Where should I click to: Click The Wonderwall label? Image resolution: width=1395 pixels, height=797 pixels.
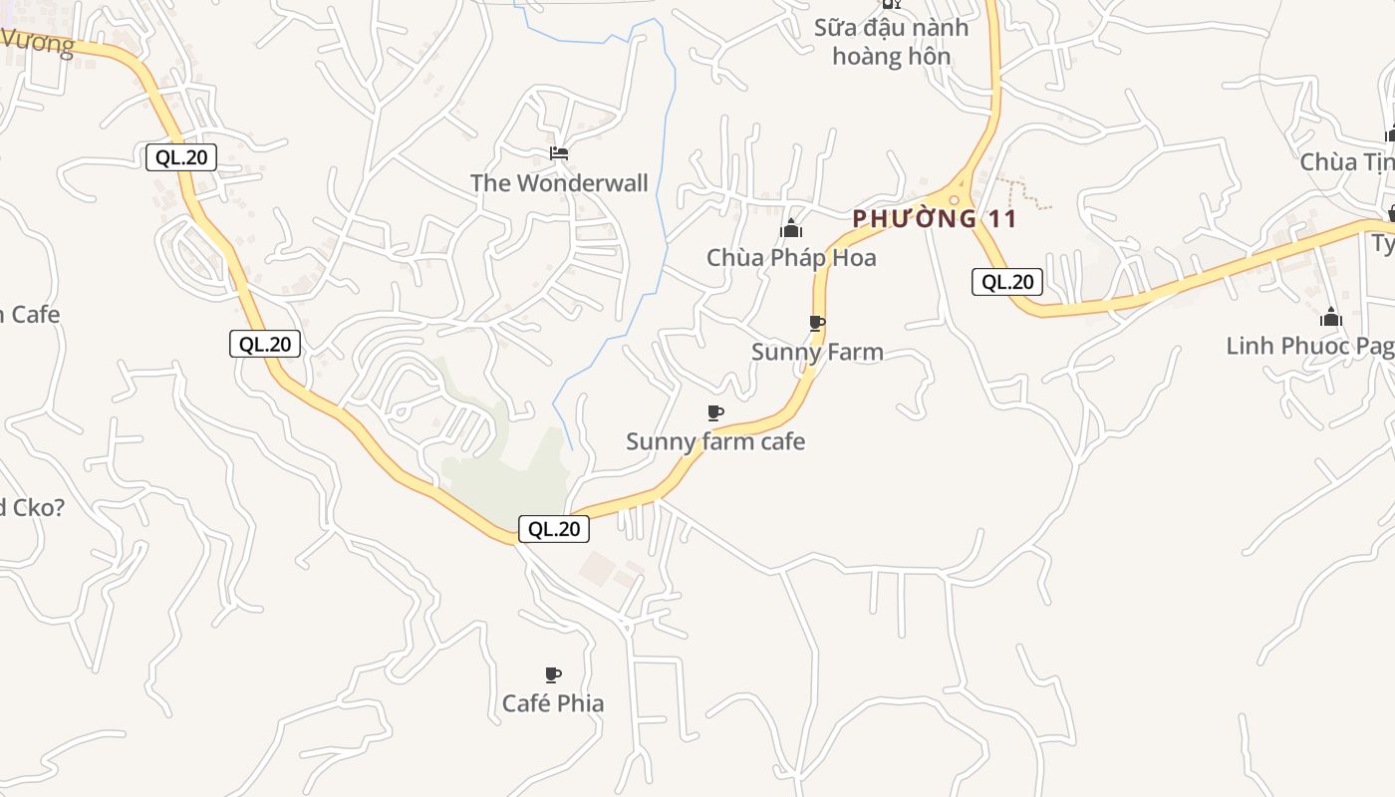[x=559, y=183]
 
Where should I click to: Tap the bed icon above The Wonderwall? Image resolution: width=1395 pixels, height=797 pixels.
[x=559, y=153]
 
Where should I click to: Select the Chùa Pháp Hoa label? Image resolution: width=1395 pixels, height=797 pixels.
[x=791, y=258]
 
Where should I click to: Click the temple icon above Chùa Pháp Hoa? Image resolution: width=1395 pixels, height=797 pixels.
[x=791, y=230]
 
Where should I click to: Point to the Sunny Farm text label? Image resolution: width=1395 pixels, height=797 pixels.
[x=817, y=352]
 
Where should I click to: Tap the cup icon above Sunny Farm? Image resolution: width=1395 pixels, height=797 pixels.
[x=817, y=323]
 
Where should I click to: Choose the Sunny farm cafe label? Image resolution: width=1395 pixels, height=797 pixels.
[x=715, y=441]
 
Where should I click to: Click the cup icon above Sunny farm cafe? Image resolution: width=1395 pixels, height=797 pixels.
[x=714, y=412]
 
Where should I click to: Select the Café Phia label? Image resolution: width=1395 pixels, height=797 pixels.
[x=553, y=703]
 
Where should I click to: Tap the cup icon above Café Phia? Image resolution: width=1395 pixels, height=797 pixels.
[x=553, y=674]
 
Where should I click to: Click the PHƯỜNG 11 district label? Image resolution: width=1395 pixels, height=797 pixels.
[x=935, y=219]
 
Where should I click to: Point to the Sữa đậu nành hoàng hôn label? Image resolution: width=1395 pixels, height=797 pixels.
[x=891, y=42]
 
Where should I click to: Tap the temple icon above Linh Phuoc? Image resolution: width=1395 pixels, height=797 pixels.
[x=1330, y=318]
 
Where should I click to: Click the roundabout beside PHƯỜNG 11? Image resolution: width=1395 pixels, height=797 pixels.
[x=955, y=199]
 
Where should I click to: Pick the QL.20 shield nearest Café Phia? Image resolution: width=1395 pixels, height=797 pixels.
[x=553, y=529]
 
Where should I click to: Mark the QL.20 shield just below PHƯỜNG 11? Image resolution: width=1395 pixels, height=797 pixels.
[x=1007, y=282]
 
